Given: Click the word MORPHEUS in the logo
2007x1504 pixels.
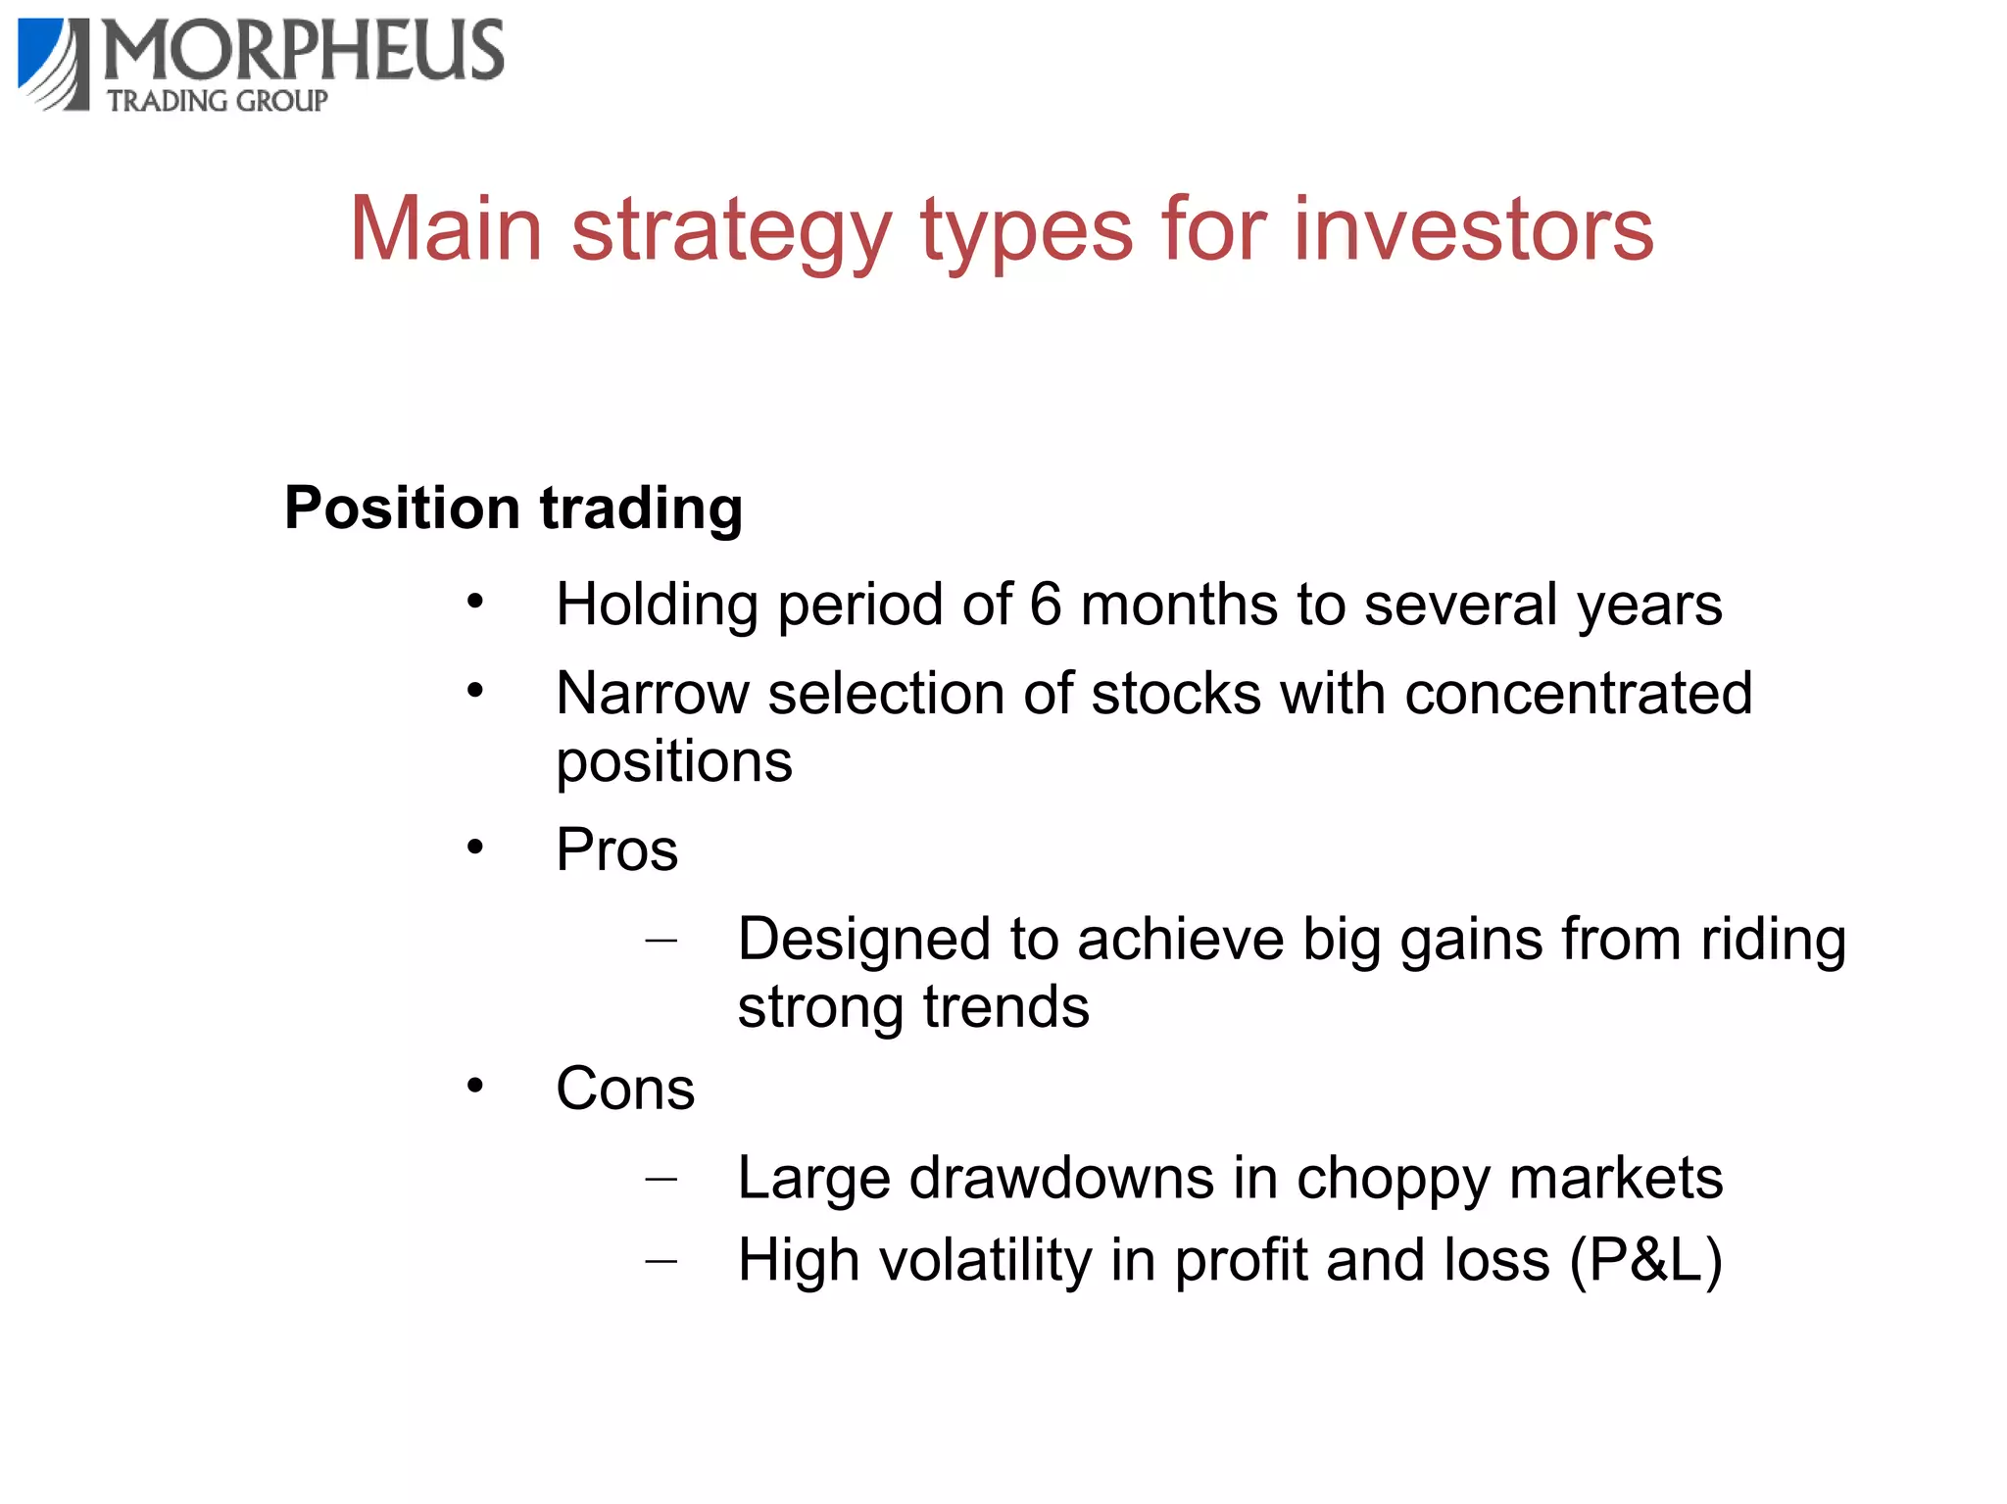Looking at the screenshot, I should click(304, 51).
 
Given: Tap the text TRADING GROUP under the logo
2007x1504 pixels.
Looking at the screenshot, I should click(218, 101).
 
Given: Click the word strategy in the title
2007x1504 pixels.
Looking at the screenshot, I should click(731, 231).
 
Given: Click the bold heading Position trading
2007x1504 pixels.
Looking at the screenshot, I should click(514, 509).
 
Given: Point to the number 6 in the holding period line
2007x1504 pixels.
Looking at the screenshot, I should click(1045, 605).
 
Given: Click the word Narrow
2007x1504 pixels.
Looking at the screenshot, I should click(652, 694).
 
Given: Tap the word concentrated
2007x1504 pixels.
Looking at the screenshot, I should click(1578, 694).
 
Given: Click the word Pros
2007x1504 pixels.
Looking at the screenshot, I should click(616, 849).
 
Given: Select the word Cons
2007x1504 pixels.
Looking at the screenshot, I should click(625, 1089).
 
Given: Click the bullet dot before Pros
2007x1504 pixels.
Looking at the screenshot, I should click(475, 847).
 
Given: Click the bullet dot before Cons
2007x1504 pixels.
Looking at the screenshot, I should click(475, 1086).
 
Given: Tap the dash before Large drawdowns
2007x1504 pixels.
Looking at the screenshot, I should click(661, 1179).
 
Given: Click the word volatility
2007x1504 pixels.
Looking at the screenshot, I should click(985, 1260).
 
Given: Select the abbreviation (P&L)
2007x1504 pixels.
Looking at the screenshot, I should click(1645, 1260).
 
